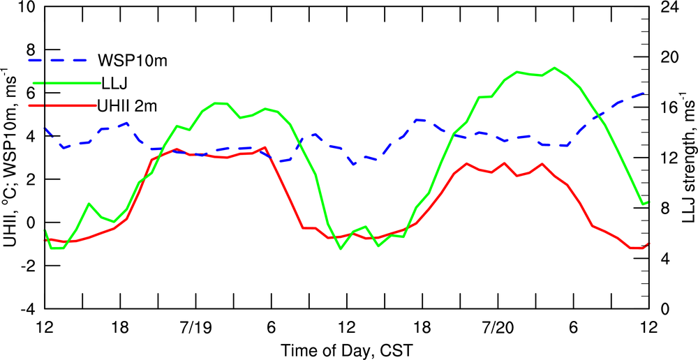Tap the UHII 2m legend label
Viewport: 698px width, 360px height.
pos(131,105)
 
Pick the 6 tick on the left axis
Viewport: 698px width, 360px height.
pos(30,93)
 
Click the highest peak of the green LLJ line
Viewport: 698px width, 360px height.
pos(554,68)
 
